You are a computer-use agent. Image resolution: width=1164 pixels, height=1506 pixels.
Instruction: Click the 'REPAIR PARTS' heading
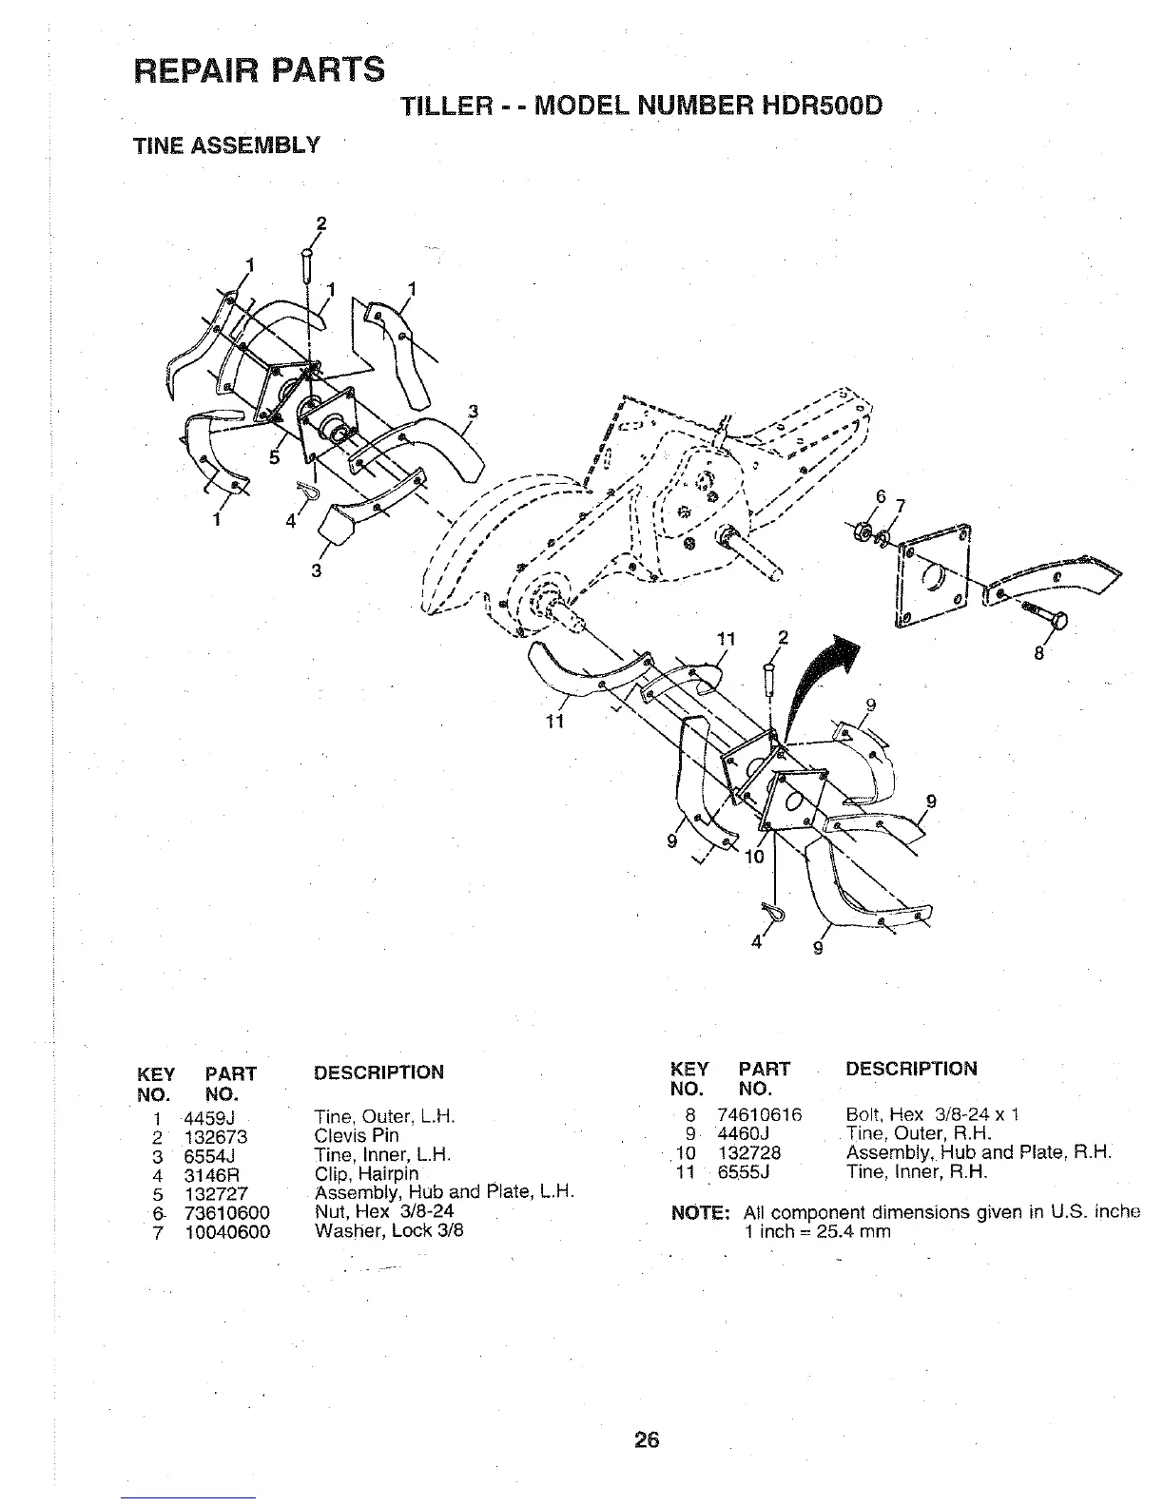point(260,69)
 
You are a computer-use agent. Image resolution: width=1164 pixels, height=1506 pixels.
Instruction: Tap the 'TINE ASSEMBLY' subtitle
point(225,145)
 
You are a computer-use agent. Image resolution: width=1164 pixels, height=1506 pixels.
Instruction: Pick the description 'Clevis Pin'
point(357,1135)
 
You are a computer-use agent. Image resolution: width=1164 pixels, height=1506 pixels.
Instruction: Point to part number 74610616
point(760,1114)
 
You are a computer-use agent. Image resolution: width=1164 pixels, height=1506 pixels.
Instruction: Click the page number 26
point(647,1440)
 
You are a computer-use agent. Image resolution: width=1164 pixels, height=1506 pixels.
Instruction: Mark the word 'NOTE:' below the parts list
point(701,1213)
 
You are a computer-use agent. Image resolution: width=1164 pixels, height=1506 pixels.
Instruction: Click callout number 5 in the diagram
point(275,457)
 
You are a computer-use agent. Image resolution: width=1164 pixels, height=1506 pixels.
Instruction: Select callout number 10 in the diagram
point(753,856)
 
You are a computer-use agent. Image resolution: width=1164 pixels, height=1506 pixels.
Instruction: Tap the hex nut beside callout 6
point(865,529)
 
